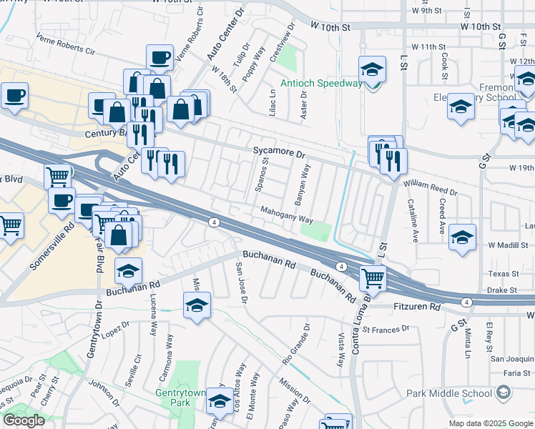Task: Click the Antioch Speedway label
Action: [x=321, y=84]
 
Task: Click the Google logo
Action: [x=24, y=420]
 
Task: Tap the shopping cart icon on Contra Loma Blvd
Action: [x=373, y=277]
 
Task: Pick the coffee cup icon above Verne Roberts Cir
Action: [x=159, y=57]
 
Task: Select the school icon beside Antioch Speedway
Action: [x=372, y=69]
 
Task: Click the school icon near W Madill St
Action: [x=462, y=237]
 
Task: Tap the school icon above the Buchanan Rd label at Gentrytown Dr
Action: [x=129, y=271]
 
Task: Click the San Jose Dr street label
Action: [x=240, y=282]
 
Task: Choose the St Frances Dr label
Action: [x=385, y=330]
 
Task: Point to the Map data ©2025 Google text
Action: [x=490, y=423]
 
